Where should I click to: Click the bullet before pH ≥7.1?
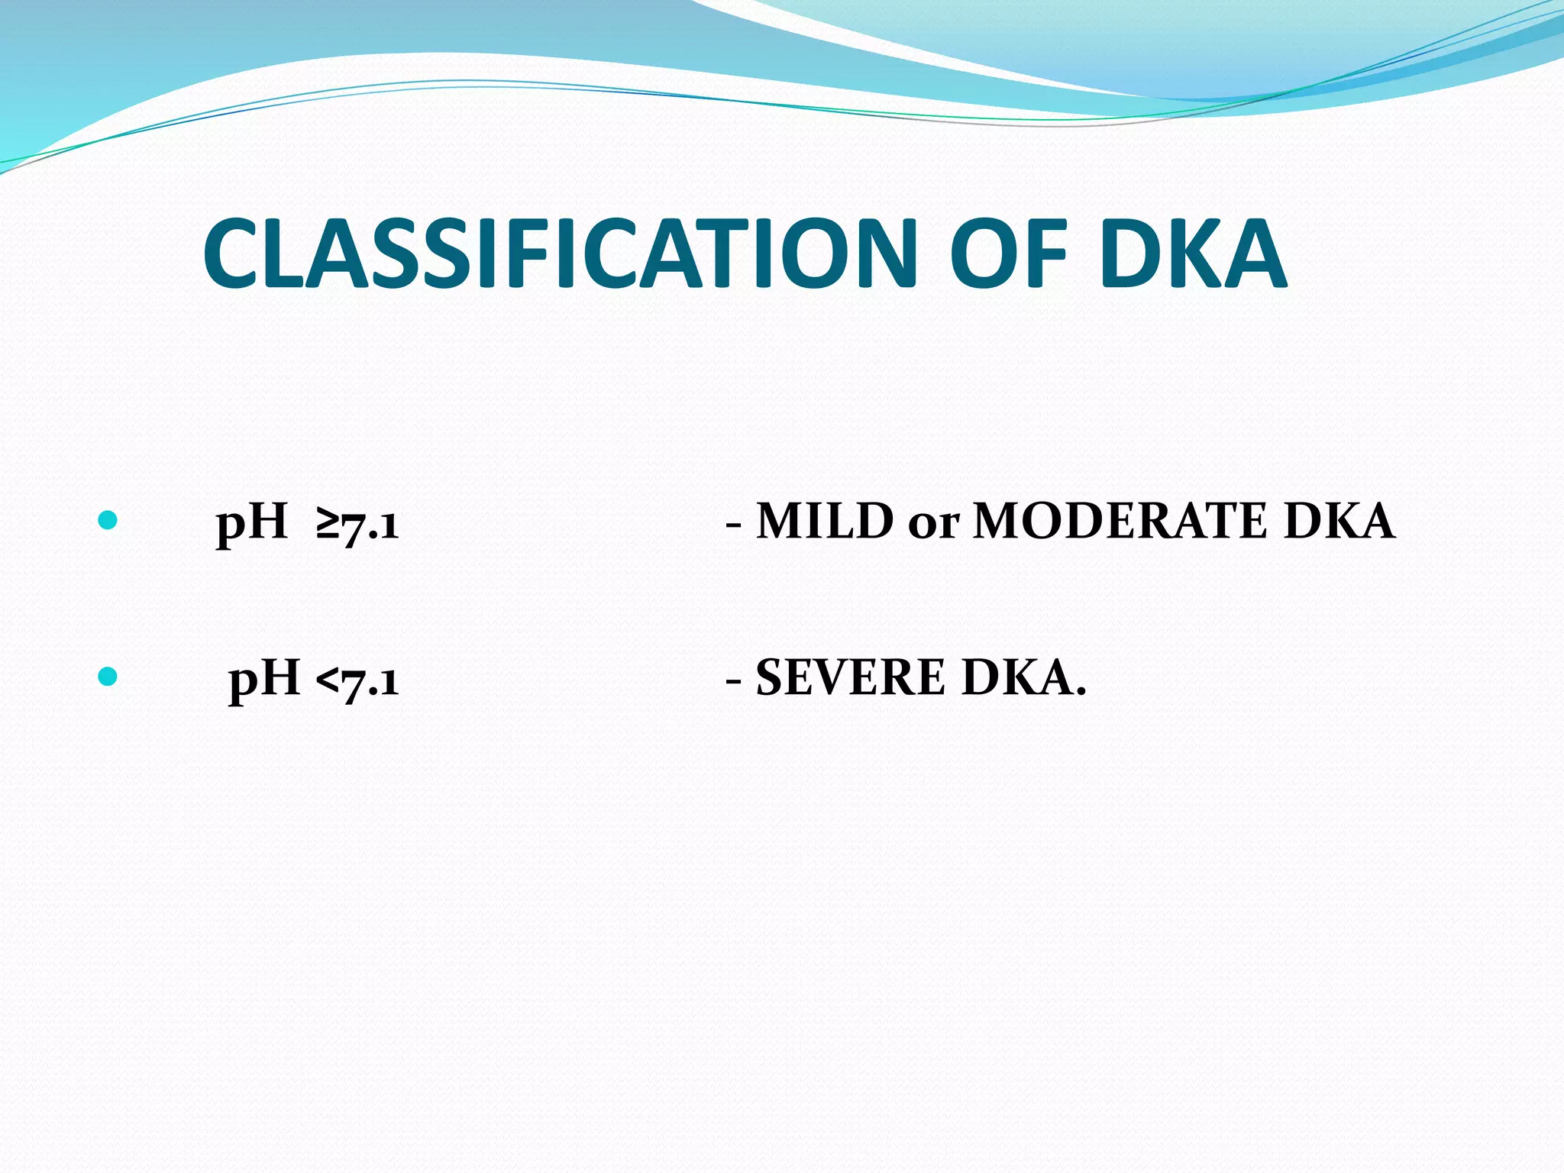[108, 521]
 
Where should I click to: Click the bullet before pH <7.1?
[108, 677]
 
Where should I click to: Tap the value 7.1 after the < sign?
[370, 680]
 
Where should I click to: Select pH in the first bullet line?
[251, 524]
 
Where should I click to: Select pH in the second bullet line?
[263, 679]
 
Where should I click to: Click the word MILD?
[825, 522]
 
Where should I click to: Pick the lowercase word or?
[933, 525]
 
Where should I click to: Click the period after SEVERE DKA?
[1080, 693]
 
